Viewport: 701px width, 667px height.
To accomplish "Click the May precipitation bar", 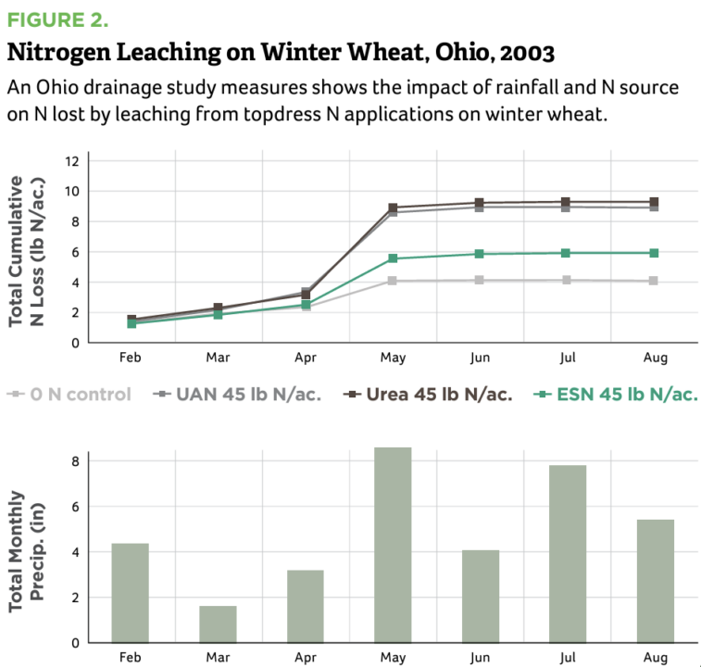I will click(x=393, y=545).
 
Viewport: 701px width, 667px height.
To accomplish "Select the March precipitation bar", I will click(x=218, y=623).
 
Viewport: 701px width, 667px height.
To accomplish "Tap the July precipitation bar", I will click(x=568, y=553).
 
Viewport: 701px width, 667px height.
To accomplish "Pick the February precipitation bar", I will click(x=130, y=592).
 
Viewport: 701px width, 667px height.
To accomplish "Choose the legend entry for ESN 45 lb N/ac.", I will click(x=617, y=394).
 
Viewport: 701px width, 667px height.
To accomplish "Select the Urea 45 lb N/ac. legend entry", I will click(x=429, y=394).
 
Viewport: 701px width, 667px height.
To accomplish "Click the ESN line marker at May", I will click(x=393, y=258).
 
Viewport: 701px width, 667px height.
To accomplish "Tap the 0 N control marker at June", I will click(x=480, y=280).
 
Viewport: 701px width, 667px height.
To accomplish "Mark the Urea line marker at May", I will click(x=393, y=208).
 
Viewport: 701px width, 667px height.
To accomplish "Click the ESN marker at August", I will click(x=655, y=253).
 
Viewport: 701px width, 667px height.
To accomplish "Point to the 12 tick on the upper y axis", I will click(x=70, y=160).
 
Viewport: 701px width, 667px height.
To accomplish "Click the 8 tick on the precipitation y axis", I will click(x=77, y=460).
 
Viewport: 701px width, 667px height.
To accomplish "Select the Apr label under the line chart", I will click(x=305, y=359).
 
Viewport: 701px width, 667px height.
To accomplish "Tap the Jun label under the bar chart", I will click(x=480, y=658).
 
